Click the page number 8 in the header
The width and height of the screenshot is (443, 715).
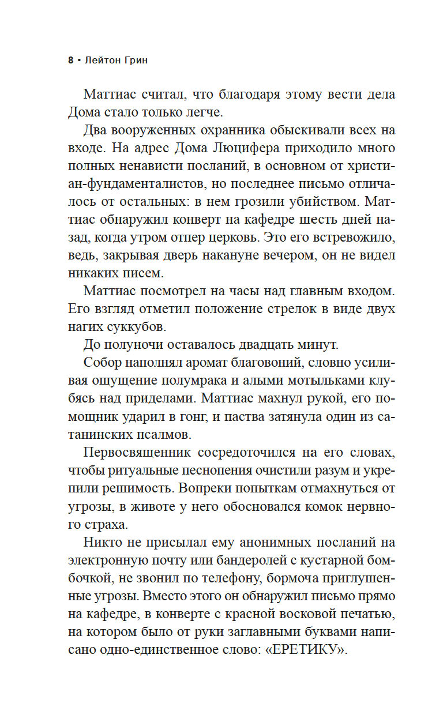(70, 60)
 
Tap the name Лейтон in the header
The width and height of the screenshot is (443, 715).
(104, 60)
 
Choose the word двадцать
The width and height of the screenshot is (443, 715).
(258, 344)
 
